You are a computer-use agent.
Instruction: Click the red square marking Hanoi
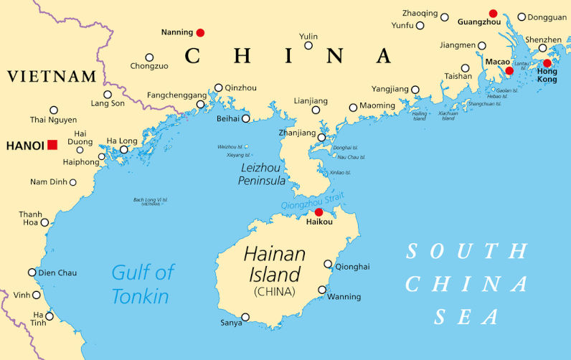tap(52, 145)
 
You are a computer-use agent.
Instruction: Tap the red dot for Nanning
tap(200, 32)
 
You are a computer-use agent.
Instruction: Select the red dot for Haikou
tap(318, 212)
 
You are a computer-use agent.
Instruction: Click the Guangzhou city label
tap(478, 22)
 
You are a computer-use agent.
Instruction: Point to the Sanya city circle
tap(245, 317)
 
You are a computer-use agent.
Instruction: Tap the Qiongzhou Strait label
tap(313, 201)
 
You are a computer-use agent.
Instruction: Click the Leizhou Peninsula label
tap(262, 174)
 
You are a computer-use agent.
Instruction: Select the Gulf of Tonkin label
tap(143, 284)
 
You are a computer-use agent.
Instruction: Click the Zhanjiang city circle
tap(321, 138)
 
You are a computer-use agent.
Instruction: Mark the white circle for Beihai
tap(245, 118)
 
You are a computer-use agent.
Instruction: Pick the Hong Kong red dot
tap(547, 63)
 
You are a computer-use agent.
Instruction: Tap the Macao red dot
tap(509, 70)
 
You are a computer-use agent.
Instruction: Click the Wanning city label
tap(344, 296)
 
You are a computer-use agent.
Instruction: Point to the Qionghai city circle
tap(328, 264)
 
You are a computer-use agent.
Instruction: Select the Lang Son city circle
tap(108, 94)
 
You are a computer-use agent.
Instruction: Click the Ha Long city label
tap(121, 141)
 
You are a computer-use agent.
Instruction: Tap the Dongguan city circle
tap(522, 16)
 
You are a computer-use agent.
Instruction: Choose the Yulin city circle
tap(308, 45)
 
